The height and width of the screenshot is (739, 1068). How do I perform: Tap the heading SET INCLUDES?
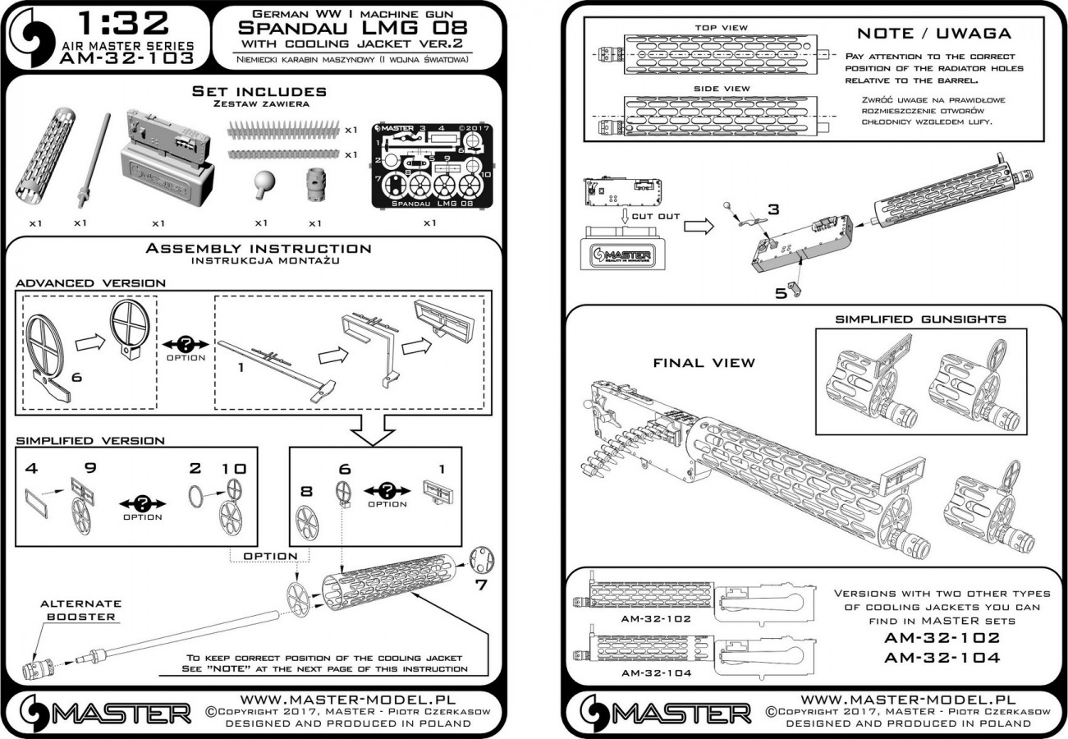(259, 91)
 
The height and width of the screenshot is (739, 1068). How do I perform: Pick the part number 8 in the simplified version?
(307, 493)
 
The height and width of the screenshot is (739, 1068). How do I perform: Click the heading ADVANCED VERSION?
(90, 282)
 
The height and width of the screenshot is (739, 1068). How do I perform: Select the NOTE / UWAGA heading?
(933, 34)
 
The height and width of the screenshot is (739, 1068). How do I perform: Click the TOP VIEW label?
(722, 27)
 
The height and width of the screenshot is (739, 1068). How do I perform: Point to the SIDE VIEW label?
(722, 88)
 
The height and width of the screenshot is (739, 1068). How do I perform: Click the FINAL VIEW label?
(704, 362)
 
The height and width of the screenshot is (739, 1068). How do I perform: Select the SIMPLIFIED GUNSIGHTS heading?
(919, 319)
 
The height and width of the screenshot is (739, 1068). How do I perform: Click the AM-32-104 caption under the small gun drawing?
(656, 672)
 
